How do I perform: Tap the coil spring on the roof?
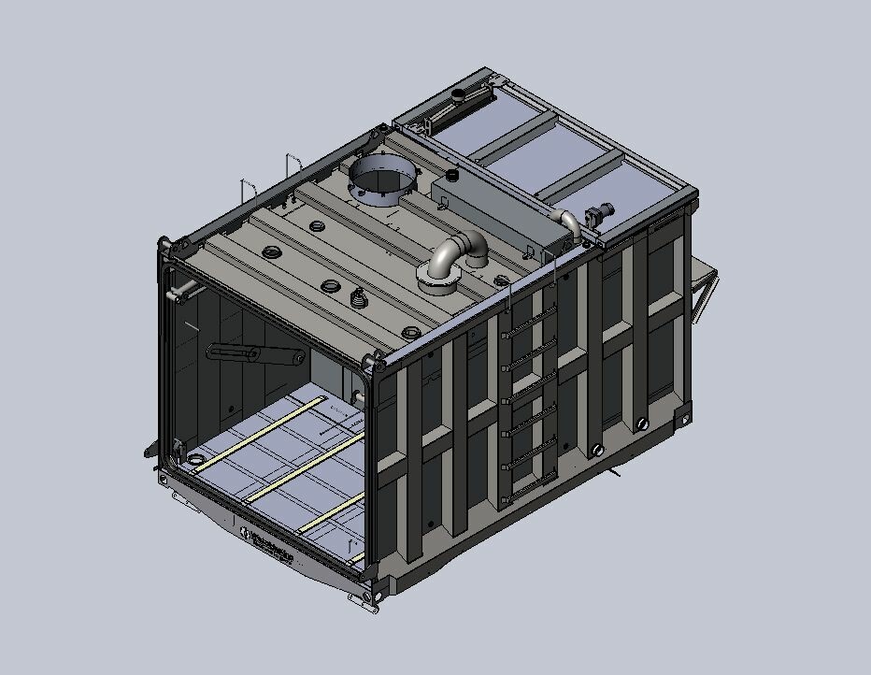click(357, 298)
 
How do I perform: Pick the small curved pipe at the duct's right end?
click(569, 223)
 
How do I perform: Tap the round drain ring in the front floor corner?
click(195, 459)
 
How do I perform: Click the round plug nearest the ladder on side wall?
click(596, 450)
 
